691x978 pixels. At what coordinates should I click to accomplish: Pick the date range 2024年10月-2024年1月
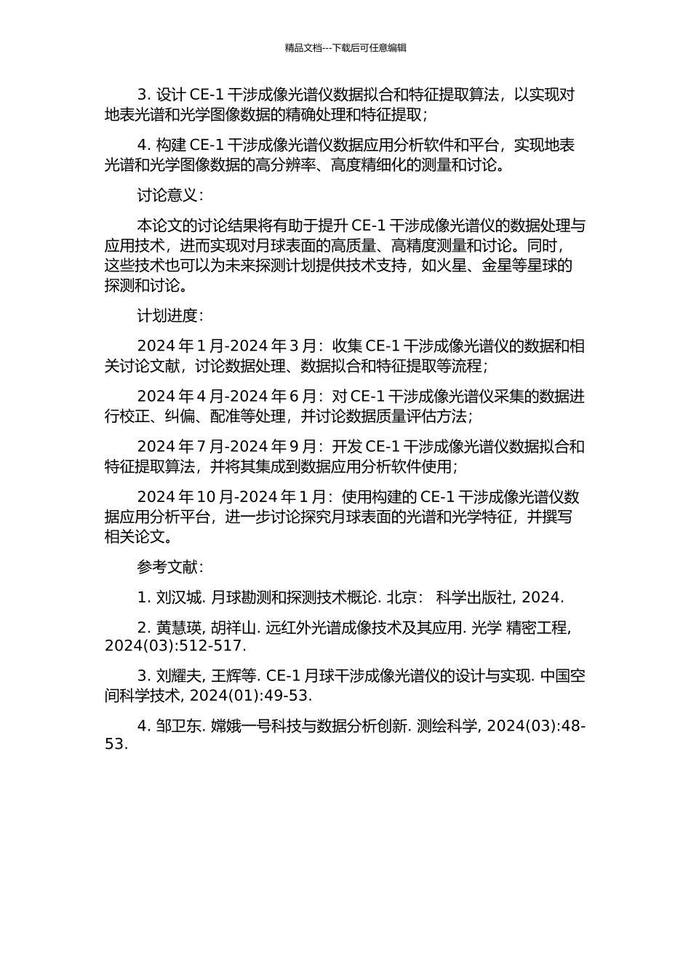[x=232, y=497]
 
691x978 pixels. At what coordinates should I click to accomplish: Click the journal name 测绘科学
[x=448, y=725]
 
